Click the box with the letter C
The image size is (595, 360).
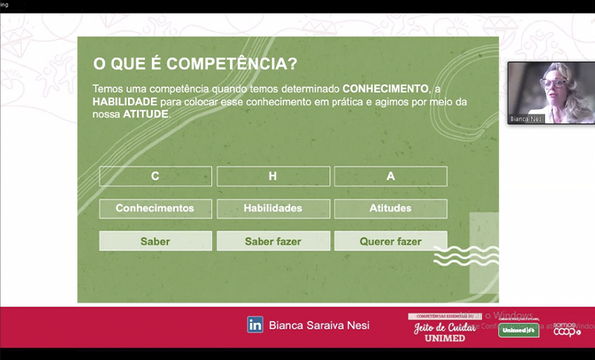pyautogui.click(x=155, y=176)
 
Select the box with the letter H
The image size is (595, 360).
pyautogui.click(x=273, y=176)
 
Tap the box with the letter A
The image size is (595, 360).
pyautogui.click(x=390, y=176)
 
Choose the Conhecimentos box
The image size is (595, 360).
pyautogui.click(x=155, y=208)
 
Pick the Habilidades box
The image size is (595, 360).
pyautogui.click(x=273, y=208)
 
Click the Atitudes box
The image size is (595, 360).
pyautogui.click(x=390, y=208)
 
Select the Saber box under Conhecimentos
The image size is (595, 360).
pyautogui.click(x=155, y=241)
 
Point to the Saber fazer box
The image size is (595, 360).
pyautogui.click(x=273, y=241)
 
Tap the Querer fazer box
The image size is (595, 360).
pyautogui.click(x=390, y=241)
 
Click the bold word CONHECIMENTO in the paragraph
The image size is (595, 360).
pyautogui.click(x=385, y=88)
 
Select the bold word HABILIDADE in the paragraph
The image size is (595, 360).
pyautogui.click(x=125, y=101)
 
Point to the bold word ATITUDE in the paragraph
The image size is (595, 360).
pyautogui.click(x=146, y=115)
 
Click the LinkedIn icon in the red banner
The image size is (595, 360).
pyautogui.click(x=255, y=324)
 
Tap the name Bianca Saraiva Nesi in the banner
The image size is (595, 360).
pyautogui.click(x=319, y=325)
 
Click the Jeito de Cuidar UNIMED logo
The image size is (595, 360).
pyautogui.click(x=444, y=328)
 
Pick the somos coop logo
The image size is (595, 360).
pyautogui.click(x=566, y=328)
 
